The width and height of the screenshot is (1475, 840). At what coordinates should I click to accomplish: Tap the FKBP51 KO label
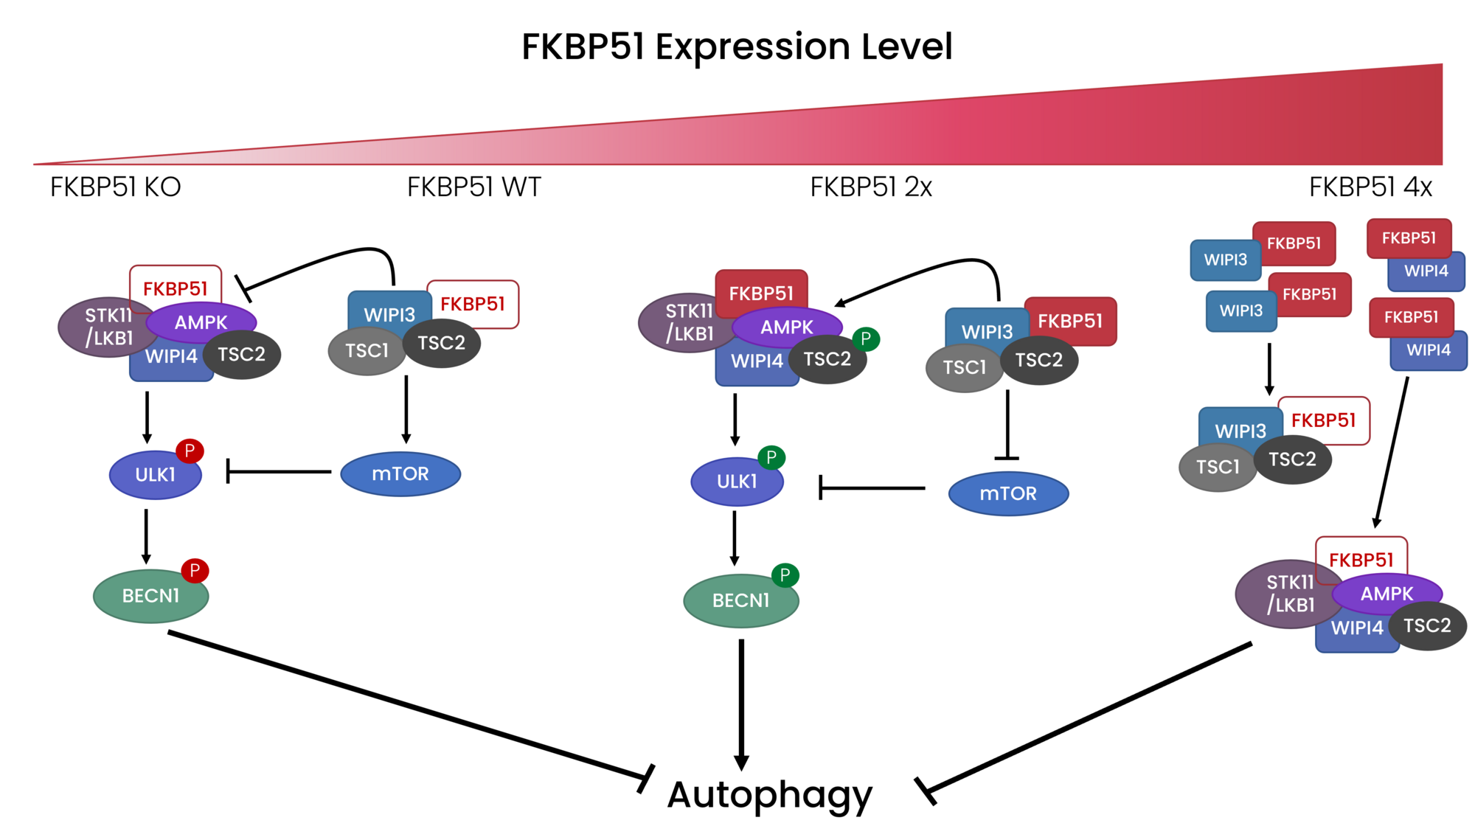(x=116, y=187)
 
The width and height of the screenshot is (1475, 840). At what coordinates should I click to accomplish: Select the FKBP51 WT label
(x=473, y=187)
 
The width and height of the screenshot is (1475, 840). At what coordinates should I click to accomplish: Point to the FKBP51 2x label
(x=871, y=187)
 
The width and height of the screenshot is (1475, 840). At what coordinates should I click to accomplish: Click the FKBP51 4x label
(x=1370, y=187)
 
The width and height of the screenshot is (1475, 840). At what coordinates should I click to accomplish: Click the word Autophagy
(x=769, y=795)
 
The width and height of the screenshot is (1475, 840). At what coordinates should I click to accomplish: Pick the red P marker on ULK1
(x=190, y=451)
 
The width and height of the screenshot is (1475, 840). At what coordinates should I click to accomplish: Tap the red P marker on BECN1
(x=195, y=570)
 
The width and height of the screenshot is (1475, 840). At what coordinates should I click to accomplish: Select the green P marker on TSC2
(x=866, y=339)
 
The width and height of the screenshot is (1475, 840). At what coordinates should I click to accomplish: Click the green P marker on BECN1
(x=785, y=575)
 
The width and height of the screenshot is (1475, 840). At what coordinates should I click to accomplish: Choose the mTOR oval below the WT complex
(x=400, y=474)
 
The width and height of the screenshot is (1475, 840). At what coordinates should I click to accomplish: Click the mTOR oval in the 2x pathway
(x=1008, y=494)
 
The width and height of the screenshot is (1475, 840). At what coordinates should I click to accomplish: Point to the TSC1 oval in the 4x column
(x=1217, y=468)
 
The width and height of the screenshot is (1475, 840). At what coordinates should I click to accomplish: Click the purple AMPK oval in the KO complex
(x=201, y=322)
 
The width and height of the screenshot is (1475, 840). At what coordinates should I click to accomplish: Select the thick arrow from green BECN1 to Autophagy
(x=741, y=701)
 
